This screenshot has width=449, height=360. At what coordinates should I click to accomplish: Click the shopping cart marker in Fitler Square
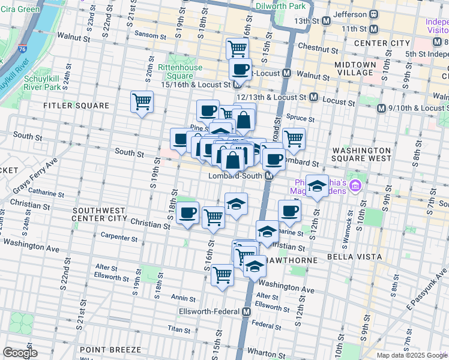tap(142, 101)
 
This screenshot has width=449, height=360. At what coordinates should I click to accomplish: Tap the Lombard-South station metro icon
tap(270, 176)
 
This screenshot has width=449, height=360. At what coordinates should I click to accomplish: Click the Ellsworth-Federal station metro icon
tap(246, 312)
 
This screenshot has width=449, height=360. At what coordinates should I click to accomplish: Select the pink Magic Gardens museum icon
tap(355, 186)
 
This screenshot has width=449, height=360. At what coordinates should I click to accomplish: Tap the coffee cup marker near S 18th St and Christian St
tap(188, 213)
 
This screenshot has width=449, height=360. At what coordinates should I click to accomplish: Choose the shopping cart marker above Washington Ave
tap(223, 275)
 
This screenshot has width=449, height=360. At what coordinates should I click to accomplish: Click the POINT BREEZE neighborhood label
tap(110, 349)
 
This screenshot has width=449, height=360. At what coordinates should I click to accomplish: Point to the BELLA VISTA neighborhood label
tap(354, 256)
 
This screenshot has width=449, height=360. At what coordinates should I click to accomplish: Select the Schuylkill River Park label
tap(42, 83)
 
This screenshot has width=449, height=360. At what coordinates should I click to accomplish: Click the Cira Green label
tap(20, 10)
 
